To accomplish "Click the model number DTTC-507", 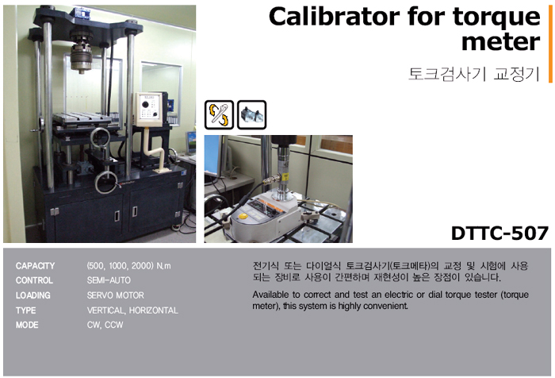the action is [499, 233].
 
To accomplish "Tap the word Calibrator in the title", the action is [335, 17].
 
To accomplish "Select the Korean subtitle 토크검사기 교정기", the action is [473, 74].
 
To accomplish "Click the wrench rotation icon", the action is [219, 114].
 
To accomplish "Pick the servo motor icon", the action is [251, 114].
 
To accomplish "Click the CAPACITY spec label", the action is [35, 265].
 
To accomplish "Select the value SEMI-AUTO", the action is [109, 280].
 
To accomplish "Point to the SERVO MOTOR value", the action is [116, 295].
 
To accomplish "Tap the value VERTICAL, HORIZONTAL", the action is [132, 310].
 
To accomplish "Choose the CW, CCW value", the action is [105, 325].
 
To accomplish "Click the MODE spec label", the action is [27, 325].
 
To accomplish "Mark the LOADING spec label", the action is [33, 295].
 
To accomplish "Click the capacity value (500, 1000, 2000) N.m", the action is [128, 265].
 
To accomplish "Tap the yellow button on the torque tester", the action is [243, 215].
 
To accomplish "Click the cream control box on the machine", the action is [149, 110].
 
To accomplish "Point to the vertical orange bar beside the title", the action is [550, 44].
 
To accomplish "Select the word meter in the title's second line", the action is [501, 42].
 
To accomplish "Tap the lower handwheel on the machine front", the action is [105, 183].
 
